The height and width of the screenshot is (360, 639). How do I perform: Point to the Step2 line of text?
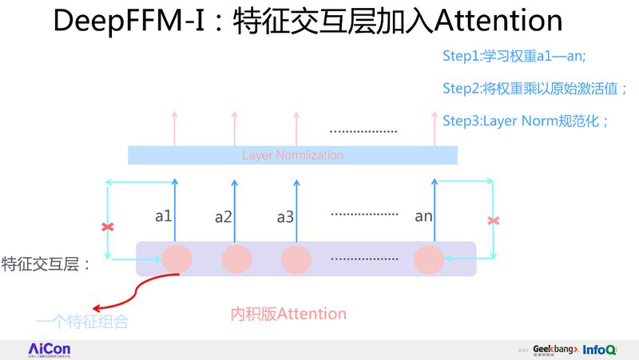click(x=534, y=89)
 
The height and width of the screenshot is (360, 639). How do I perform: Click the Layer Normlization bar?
click(x=292, y=155)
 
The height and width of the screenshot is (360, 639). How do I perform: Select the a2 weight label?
click(x=224, y=216)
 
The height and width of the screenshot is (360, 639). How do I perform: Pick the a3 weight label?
click(x=285, y=216)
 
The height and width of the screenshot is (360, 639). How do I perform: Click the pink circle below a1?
click(x=177, y=259)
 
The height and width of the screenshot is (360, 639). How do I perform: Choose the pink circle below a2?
click(x=236, y=259)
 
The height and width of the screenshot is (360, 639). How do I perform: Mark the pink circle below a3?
click(x=296, y=259)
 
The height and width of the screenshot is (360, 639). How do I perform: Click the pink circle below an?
click(x=429, y=259)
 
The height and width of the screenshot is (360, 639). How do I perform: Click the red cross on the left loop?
click(x=108, y=227)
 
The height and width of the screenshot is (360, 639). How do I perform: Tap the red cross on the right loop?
click(x=494, y=220)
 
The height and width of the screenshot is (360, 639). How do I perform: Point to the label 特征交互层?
click(x=46, y=263)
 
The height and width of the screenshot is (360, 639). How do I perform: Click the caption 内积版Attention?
click(x=288, y=314)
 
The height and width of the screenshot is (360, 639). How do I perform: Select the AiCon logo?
click(x=50, y=350)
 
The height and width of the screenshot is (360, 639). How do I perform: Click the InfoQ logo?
click(x=599, y=350)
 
